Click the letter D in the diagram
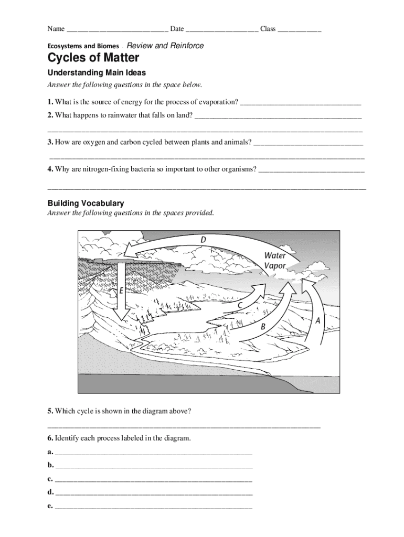point(203,240)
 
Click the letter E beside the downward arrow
point(122,289)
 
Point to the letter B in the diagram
point(263,326)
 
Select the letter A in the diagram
point(317,319)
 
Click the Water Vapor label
point(275,261)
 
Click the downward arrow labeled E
point(122,294)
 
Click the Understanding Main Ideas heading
point(97,73)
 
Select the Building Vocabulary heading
point(86,203)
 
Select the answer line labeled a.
point(153,452)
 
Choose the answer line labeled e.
point(153,507)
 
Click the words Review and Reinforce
point(165,46)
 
